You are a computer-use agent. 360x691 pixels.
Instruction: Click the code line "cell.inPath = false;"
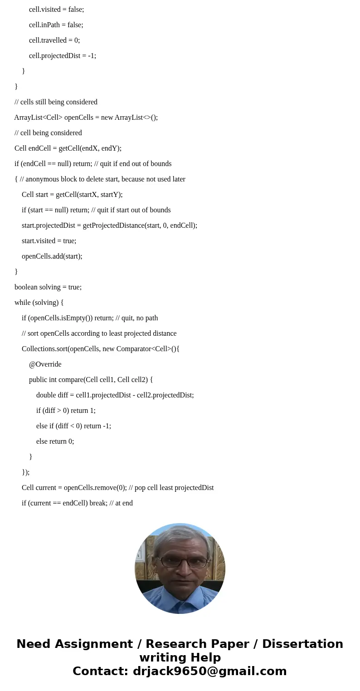56,25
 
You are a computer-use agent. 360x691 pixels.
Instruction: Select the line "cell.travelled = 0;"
54,40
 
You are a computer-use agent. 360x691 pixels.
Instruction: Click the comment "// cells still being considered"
56,102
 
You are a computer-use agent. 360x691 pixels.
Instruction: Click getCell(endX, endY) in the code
89,148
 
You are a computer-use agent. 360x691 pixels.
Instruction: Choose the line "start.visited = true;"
49,241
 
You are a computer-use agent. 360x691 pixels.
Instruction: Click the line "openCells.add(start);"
52,256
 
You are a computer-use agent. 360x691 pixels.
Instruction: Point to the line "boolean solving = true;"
48,287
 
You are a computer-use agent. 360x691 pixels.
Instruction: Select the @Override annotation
45,364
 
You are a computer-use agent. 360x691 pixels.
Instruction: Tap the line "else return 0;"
55,441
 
